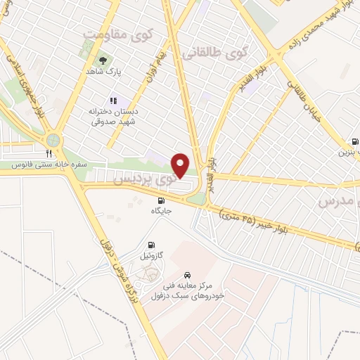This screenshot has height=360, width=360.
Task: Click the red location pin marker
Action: coord(181,165)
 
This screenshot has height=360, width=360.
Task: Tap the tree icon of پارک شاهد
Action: coord(102,60)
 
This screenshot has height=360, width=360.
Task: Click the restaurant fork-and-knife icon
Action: coord(49,153)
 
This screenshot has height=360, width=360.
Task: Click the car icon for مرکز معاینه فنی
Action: coord(187,274)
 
